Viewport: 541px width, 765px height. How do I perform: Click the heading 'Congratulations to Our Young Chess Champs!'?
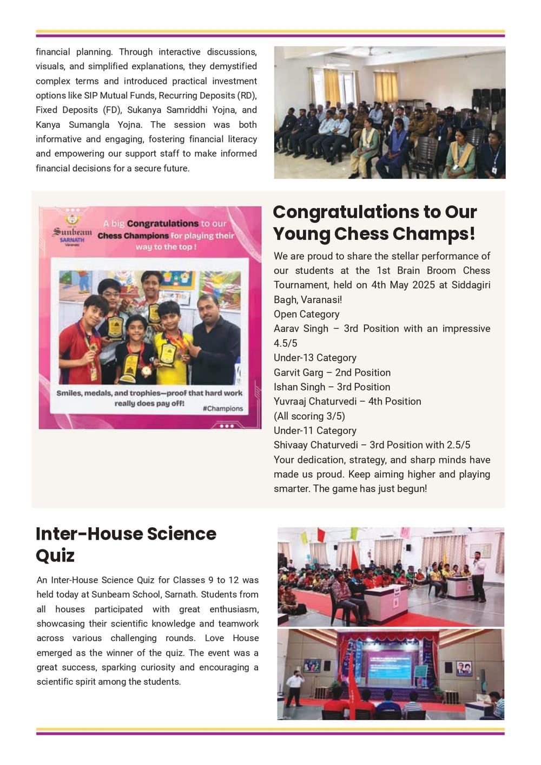[x=374, y=223]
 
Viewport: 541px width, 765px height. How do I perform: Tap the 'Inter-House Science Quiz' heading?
[x=126, y=544]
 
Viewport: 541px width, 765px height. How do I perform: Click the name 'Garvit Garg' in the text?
[x=298, y=372]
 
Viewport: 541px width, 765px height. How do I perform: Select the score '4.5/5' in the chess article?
[x=285, y=343]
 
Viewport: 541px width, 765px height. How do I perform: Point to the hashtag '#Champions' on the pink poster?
[x=223, y=409]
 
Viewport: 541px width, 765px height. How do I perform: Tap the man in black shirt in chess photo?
[x=216, y=336]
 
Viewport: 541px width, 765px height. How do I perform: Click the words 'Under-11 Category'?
[x=315, y=430]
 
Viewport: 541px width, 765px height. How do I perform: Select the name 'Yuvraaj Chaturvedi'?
[x=315, y=401]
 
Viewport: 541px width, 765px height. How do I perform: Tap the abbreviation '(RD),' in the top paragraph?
[x=247, y=95]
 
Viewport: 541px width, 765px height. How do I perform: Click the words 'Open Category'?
[x=306, y=314]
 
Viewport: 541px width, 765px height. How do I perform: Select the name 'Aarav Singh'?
[x=301, y=329]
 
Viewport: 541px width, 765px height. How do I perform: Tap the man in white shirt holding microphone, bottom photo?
[x=294, y=687]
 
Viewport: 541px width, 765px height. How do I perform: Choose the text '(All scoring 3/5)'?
[x=309, y=416]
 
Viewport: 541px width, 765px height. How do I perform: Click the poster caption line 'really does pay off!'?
[x=149, y=403]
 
